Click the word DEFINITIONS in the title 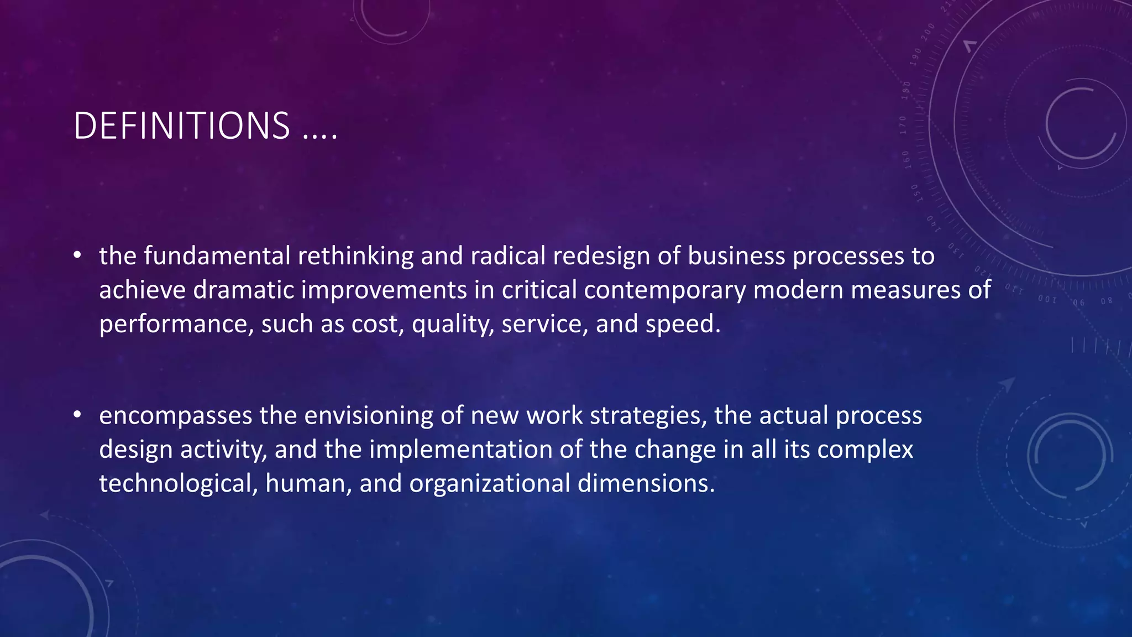[x=181, y=126]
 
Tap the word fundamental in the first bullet [x=217, y=256]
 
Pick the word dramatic [x=243, y=290]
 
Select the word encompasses [x=175, y=416]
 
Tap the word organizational [x=490, y=484]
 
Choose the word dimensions [x=646, y=483]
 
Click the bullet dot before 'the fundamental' [x=77, y=255]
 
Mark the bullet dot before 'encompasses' [x=77, y=415]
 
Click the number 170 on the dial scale [x=904, y=125]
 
